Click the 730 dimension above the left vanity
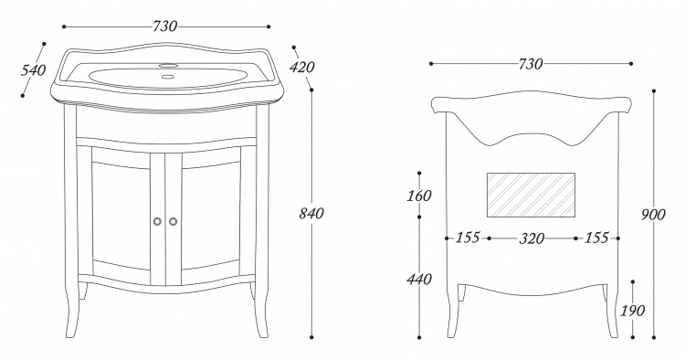[165, 26]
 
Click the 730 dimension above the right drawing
[531, 64]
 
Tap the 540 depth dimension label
[33, 69]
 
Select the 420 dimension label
[302, 67]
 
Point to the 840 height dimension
[311, 214]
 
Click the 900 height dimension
[654, 215]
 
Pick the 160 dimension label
[419, 196]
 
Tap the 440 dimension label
[419, 279]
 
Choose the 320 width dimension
[532, 238]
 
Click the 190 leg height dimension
[633, 311]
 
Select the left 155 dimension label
[468, 238]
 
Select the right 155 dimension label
[596, 238]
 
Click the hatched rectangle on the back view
[531, 195]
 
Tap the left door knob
[157, 221]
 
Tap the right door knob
[173, 221]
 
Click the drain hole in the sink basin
[167, 78]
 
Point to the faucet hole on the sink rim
[169, 66]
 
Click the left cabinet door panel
[121, 216]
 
